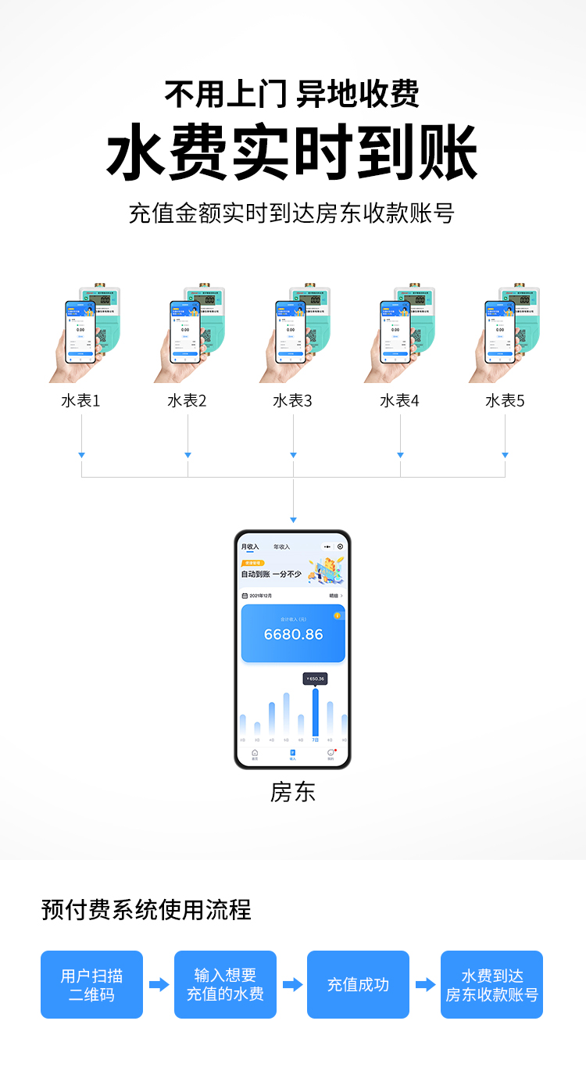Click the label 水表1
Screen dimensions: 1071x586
[x=80, y=401]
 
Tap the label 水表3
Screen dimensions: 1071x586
[x=292, y=401]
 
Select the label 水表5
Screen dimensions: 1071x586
[x=505, y=401]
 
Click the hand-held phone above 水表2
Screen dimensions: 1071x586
[x=185, y=331]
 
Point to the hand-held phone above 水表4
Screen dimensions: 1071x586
[x=395, y=331]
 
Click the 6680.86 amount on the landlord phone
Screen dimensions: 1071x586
[x=293, y=634]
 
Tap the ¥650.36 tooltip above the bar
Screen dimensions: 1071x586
[x=315, y=679]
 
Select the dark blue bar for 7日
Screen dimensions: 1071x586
[x=315, y=711]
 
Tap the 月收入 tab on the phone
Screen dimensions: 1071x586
[x=250, y=546]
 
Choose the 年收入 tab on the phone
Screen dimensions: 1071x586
[x=281, y=546]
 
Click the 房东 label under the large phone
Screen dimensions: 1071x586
[x=293, y=792]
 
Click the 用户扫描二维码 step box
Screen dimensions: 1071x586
[x=91, y=984]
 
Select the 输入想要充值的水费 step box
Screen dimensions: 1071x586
[x=225, y=984]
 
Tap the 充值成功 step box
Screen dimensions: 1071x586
[x=358, y=984]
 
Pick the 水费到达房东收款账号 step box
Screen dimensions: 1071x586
[x=491, y=984]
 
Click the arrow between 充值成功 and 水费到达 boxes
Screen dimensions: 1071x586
[x=425, y=984]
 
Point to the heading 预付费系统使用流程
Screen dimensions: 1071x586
[x=146, y=910]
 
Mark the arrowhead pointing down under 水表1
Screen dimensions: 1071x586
[x=81, y=455]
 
